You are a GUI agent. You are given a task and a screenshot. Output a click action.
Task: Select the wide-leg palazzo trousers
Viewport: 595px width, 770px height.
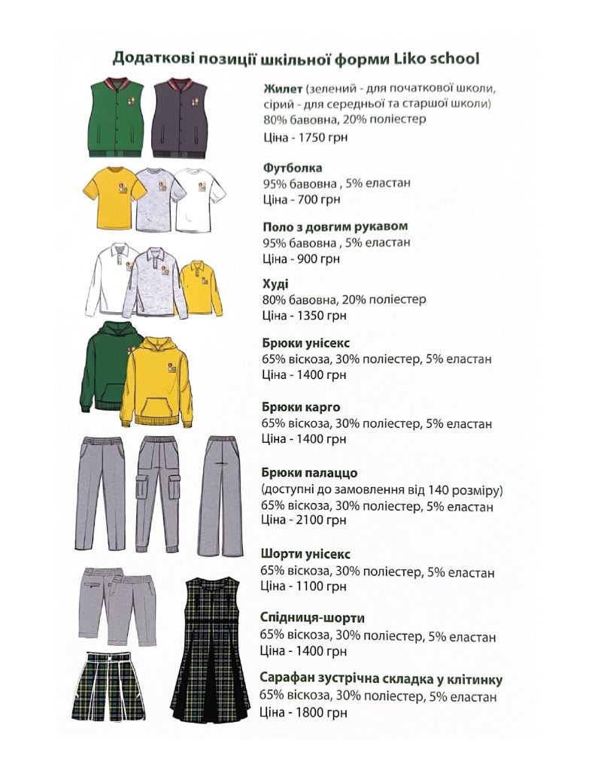pos(222,496)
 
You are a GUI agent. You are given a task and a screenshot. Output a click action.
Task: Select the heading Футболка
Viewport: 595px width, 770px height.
pos(293,168)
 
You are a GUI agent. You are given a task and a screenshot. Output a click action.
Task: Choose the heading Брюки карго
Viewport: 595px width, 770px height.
pos(301,408)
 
